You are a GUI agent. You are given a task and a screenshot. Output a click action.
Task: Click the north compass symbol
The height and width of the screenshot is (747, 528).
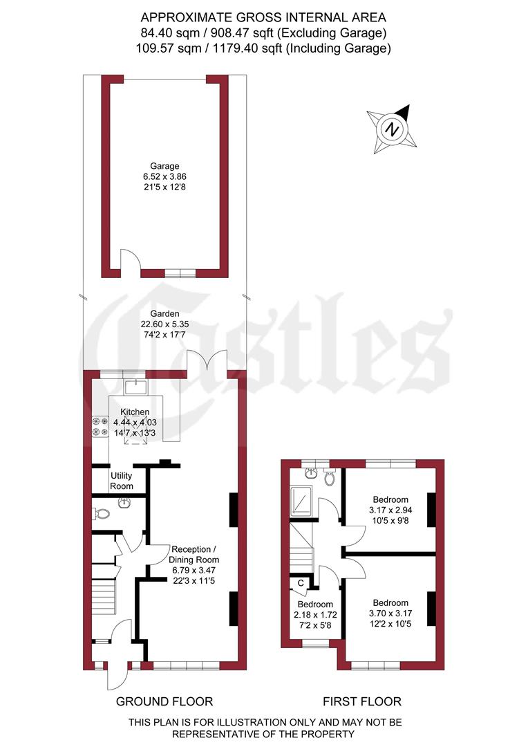click(x=393, y=129)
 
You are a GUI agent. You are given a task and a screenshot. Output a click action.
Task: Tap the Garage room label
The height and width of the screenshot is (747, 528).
click(x=165, y=166)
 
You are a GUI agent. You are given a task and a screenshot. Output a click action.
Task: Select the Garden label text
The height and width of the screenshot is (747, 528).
click(x=165, y=313)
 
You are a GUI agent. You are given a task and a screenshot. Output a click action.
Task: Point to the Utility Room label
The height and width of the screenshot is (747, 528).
click(x=122, y=481)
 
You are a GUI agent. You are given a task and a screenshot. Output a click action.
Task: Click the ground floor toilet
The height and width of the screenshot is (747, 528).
click(x=102, y=514)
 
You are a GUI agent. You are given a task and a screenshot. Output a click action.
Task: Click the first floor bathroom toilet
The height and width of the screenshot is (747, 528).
click(x=330, y=477)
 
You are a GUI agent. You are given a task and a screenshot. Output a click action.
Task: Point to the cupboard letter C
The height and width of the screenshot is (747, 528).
click(x=301, y=583)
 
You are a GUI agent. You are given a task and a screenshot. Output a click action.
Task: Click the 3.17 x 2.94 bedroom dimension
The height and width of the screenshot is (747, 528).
click(x=390, y=510)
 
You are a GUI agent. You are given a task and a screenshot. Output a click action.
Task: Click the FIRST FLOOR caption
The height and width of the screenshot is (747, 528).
click(x=364, y=701)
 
